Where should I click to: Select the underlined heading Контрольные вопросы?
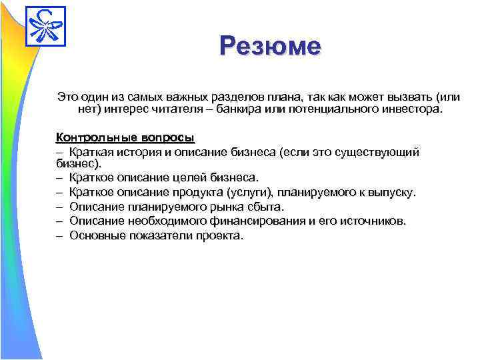tap(125, 138)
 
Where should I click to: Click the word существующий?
tap(379, 152)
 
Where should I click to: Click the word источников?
tap(372, 221)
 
